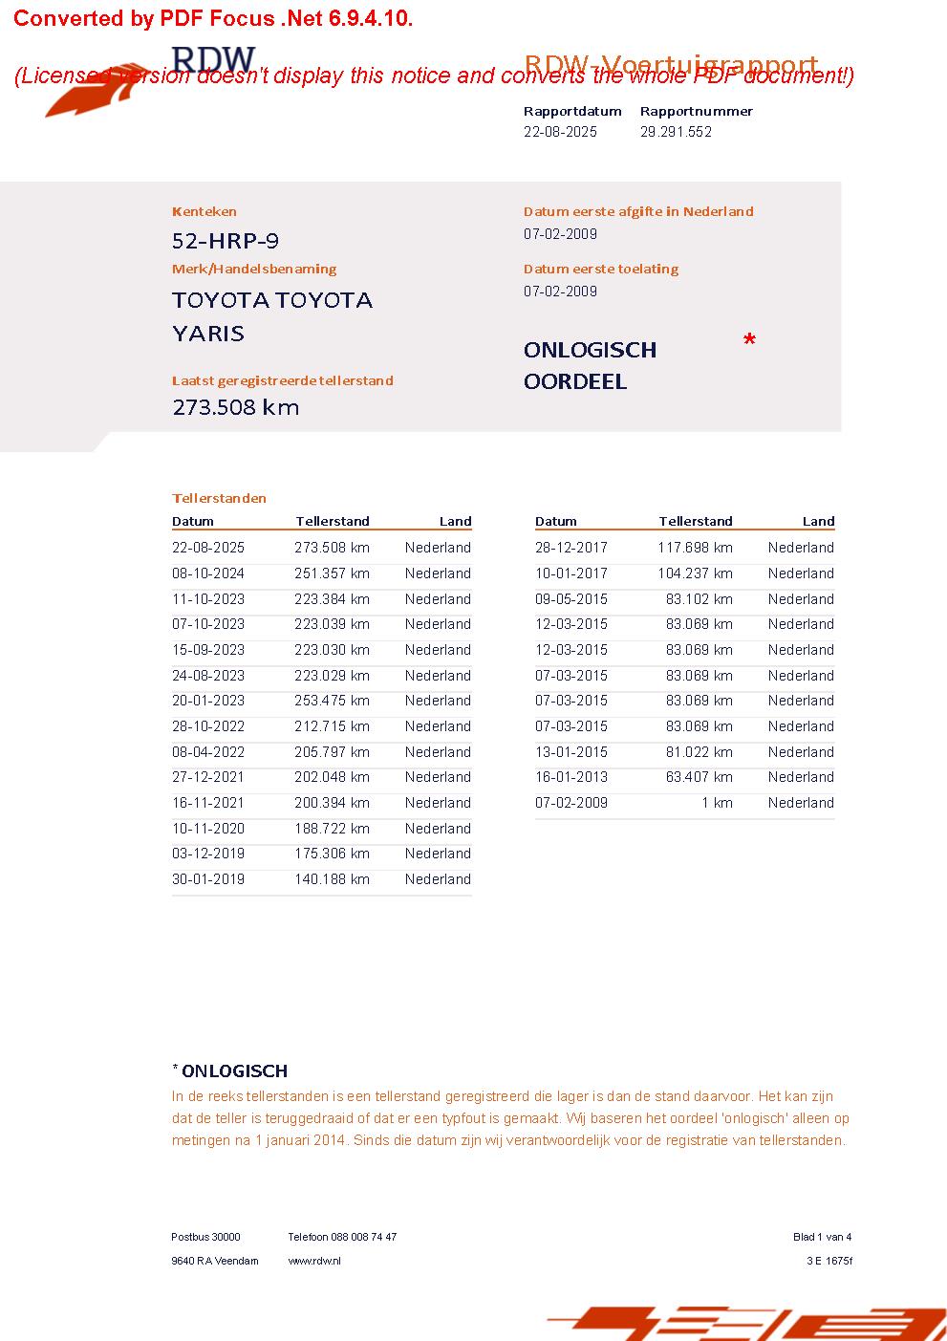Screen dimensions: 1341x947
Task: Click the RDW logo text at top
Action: (x=213, y=59)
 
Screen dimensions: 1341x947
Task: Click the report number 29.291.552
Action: (x=676, y=132)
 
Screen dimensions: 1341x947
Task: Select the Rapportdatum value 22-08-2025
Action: (x=560, y=132)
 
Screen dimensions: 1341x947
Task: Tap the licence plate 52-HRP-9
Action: (x=226, y=241)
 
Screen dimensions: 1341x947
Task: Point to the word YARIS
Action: (x=208, y=334)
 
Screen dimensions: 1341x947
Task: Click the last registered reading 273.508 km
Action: (x=235, y=407)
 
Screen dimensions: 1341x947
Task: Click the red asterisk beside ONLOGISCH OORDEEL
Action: (x=749, y=341)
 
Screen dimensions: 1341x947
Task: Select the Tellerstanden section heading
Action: (x=219, y=498)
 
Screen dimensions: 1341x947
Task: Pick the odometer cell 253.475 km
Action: (x=332, y=701)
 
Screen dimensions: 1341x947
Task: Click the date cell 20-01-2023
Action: (x=208, y=701)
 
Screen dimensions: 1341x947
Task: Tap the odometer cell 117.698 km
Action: (x=695, y=548)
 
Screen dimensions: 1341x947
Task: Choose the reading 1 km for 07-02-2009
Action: (x=717, y=803)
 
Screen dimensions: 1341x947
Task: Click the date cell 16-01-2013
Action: (x=571, y=777)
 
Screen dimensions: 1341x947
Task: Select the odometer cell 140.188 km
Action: (x=332, y=879)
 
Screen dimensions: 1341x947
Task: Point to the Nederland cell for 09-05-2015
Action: (x=801, y=599)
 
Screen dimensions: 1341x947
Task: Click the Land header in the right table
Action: (x=818, y=521)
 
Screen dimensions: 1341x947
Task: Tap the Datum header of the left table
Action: (x=193, y=521)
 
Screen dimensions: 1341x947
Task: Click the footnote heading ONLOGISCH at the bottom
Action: (x=234, y=1071)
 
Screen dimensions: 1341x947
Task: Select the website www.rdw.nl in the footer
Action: (x=314, y=1261)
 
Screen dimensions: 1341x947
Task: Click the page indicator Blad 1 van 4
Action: (x=822, y=1237)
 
